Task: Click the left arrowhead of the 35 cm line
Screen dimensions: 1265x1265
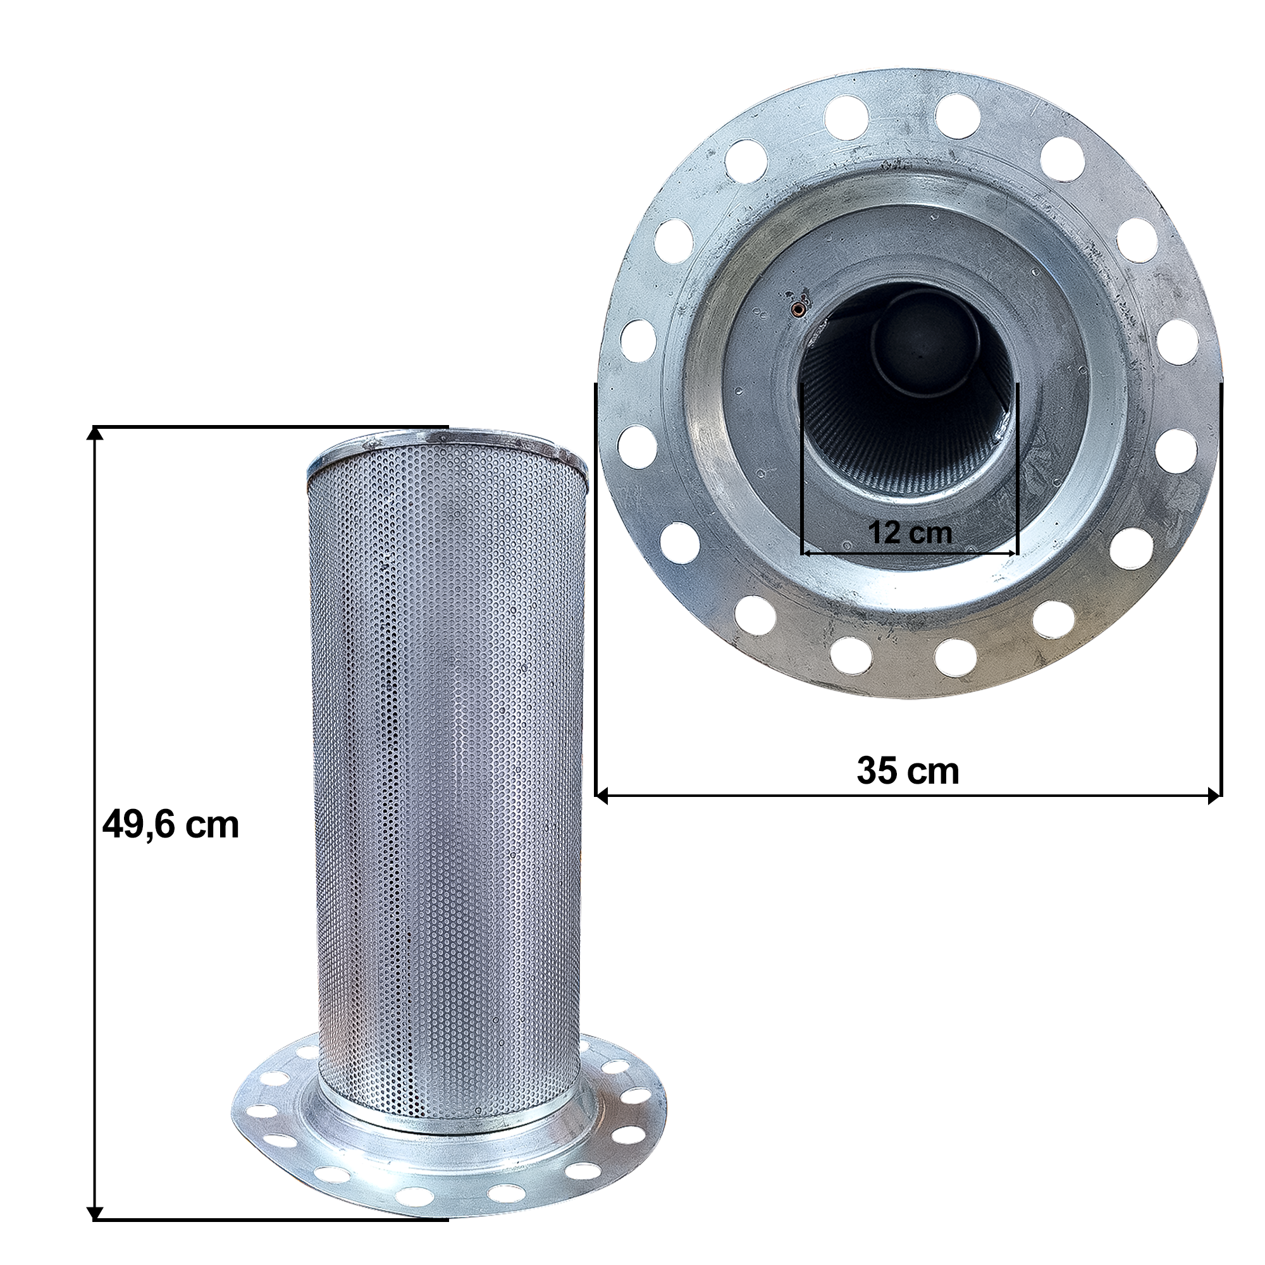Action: [x=602, y=797]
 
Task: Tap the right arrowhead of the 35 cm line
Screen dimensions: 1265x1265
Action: [x=1214, y=797]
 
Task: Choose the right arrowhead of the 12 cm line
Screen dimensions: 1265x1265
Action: [x=1011, y=553]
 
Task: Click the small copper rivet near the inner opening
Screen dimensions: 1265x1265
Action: [x=798, y=309]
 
